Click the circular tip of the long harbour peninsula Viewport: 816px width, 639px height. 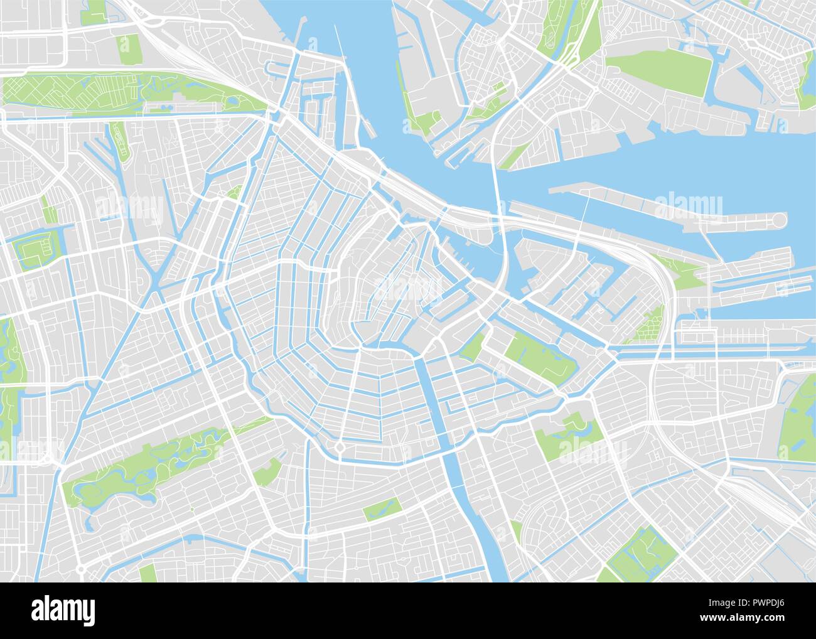click(x=779, y=220)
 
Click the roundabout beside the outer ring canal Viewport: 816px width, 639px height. click(x=340, y=448)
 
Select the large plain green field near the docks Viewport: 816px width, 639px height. click(x=659, y=76)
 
